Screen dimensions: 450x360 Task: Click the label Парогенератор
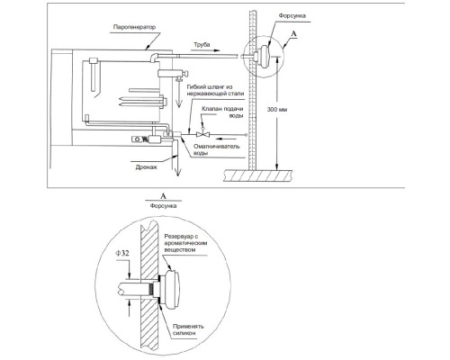[134, 27]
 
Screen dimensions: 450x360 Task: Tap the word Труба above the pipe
[202, 45]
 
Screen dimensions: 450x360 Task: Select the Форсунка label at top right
[292, 16]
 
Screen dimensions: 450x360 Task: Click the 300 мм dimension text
[277, 110]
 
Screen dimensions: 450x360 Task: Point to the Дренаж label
[147, 167]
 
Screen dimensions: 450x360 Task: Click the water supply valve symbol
[203, 134]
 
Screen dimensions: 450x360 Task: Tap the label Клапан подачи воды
[222, 112]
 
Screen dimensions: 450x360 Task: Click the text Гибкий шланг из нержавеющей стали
[215, 90]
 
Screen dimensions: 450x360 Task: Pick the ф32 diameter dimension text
[122, 253]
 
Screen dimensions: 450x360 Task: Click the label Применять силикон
[188, 329]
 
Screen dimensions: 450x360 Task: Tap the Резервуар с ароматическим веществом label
[185, 243]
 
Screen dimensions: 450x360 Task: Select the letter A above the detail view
[164, 196]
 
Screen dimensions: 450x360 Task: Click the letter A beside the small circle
[293, 34]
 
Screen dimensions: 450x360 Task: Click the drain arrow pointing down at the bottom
[177, 166]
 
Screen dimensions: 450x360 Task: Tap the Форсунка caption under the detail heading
[163, 206]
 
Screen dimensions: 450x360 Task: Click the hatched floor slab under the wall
[257, 175]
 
